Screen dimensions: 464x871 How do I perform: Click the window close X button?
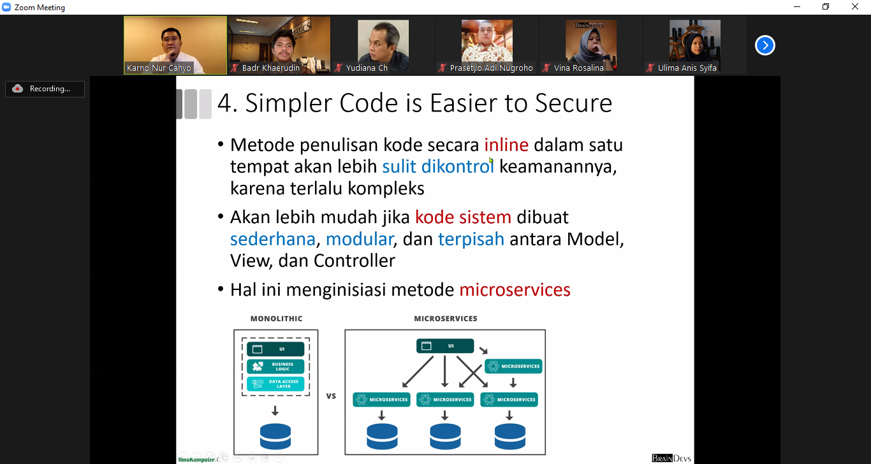click(855, 7)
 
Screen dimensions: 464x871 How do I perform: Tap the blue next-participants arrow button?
click(765, 45)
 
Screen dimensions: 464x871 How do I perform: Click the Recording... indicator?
click(45, 89)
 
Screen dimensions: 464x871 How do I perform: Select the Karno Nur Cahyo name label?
click(159, 68)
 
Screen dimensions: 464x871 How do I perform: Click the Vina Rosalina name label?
click(578, 68)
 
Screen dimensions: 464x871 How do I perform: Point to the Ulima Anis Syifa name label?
click(687, 68)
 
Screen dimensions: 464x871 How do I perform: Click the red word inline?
click(506, 145)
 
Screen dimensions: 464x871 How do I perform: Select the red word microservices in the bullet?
click(515, 290)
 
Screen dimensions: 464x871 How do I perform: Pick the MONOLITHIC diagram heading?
click(276, 319)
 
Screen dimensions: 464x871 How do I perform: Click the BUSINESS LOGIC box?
click(275, 367)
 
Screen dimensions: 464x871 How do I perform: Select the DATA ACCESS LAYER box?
click(275, 384)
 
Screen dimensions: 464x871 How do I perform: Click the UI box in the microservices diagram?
click(445, 346)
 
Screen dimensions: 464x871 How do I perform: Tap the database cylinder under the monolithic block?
click(275, 437)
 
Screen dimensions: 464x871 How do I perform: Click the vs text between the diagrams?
click(331, 396)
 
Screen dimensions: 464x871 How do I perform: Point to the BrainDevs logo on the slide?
click(671, 458)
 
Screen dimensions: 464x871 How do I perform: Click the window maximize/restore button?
click(826, 7)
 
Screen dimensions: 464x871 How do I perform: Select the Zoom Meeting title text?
click(40, 8)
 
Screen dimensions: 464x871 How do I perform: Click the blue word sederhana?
click(273, 239)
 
